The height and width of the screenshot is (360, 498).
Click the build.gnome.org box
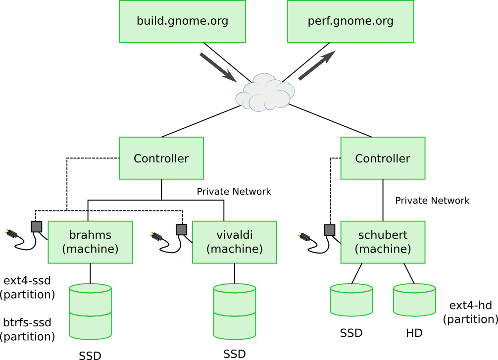tap(182, 21)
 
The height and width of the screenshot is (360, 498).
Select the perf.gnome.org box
tap(350, 21)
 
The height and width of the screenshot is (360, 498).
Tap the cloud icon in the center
tap(266, 93)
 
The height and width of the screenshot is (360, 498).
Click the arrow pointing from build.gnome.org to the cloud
tap(217, 67)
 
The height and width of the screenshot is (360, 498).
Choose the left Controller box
tap(161, 158)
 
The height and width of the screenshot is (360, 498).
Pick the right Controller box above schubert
tap(383, 158)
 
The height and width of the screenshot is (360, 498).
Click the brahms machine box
tap(90, 242)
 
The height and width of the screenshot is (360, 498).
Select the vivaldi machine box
tap(234, 242)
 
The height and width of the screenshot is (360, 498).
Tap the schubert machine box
tap(383, 242)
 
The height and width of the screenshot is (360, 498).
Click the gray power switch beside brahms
tap(37, 227)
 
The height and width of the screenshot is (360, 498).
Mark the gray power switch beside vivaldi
tap(181, 230)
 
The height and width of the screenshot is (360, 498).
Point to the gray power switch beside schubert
tap(329, 230)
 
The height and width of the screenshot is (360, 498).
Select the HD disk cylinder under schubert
tap(414, 300)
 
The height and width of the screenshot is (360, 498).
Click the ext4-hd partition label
tap(470, 312)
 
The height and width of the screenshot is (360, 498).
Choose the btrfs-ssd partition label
tap(27, 329)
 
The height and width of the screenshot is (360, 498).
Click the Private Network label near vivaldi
tap(234, 192)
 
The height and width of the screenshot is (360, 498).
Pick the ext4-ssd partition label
tap(27, 287)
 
